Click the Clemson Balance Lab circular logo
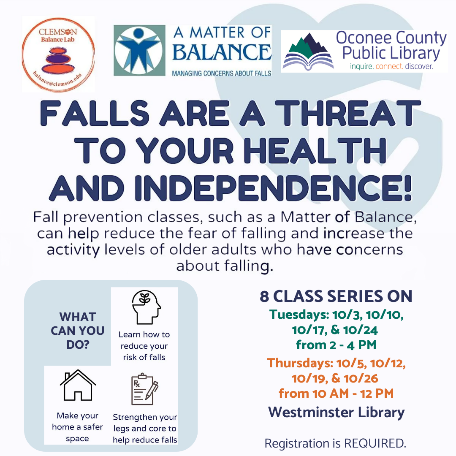pos(58,54)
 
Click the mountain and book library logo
pos(308,52)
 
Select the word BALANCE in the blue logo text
pos(222,52)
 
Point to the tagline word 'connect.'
pos(389,66)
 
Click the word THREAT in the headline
pos(348,113)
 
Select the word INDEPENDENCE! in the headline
pos(273,188)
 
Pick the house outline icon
pos(78,385)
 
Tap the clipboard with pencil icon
pos(145,389)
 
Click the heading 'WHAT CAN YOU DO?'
pos(78,331)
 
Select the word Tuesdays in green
pos(299,315)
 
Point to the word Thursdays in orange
pos(300,364)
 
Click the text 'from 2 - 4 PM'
pos(336,345)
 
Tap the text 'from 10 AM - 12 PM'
pos(336,394)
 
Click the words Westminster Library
pos(337,413)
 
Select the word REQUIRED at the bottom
pos(375,443)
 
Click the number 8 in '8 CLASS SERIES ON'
pos(264,296)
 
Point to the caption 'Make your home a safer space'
pos(77,427)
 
